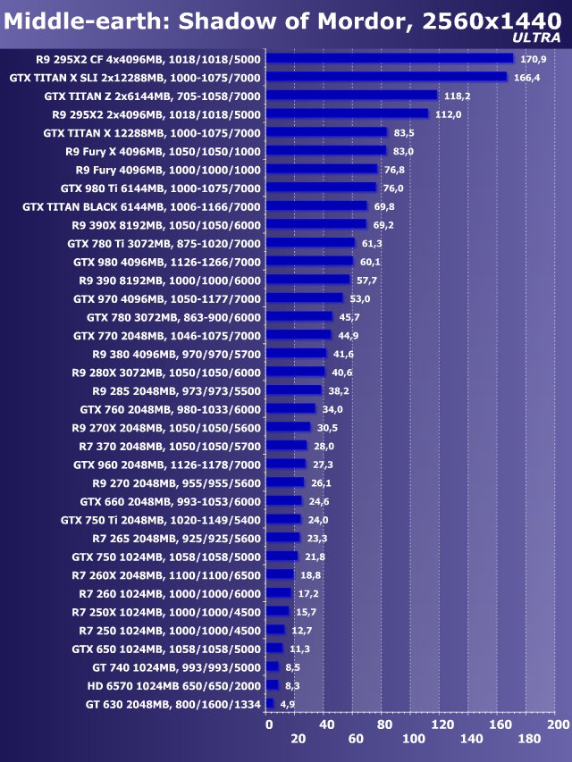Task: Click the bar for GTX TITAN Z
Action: (352, 96)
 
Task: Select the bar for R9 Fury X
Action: (326, 151)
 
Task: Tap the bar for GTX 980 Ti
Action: (322, 188)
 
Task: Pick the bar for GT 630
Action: (271, 704)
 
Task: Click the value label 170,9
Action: (533, 59)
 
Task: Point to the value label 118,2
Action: (457, 96)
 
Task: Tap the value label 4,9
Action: (288, 705)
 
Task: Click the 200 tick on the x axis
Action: (558, 724)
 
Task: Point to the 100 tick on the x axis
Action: (413, 740)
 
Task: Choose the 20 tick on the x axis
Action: (298, 740)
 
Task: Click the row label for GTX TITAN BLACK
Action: (141, 206)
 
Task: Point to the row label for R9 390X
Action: (166, 224)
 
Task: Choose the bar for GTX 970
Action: (306, 298)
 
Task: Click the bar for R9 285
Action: (295, 390)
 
